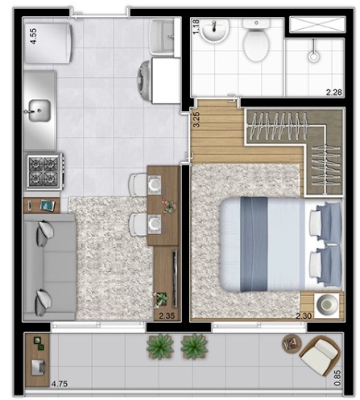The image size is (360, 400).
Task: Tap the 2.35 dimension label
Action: click(168, 315)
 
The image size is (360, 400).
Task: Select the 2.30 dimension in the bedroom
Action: click(304, 315)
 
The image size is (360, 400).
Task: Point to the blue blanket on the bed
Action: click(252, 243)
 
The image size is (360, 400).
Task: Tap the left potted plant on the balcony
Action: click(160, 347)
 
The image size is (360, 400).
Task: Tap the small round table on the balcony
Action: click(290, 343)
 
